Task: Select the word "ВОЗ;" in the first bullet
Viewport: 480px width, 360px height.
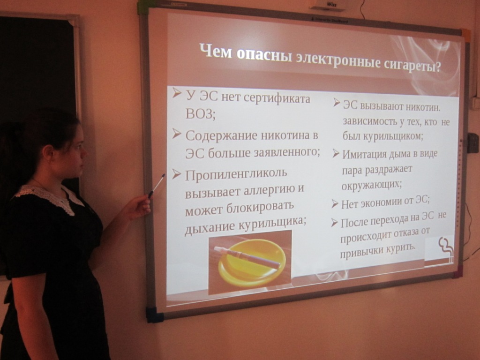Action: [201, 114]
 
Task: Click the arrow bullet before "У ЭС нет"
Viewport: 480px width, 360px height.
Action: [177, 92]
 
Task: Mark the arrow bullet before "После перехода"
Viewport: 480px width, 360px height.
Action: [334, 223]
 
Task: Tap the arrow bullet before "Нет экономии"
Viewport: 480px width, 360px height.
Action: [335, 204]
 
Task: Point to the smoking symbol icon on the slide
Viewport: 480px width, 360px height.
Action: [446, 250]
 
